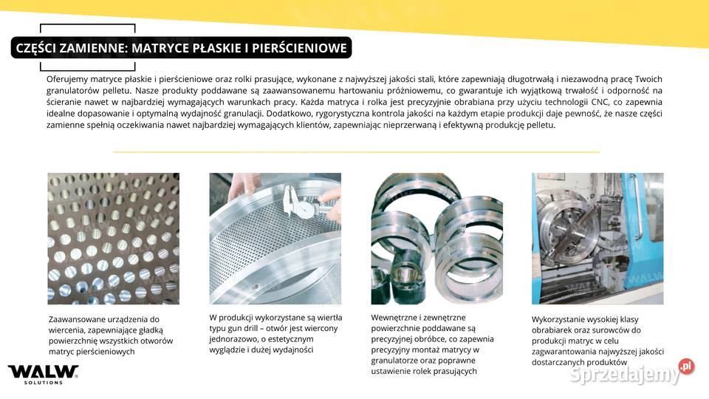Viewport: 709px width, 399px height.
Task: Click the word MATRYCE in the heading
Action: point(157,49)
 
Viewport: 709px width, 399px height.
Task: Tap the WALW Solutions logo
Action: point(43,374)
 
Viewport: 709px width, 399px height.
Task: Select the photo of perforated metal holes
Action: point(113,239)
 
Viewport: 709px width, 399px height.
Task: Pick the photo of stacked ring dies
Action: point(436,239)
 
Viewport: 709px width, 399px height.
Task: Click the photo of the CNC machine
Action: point(597,239)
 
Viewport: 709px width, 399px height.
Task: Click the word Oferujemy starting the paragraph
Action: point(67,78)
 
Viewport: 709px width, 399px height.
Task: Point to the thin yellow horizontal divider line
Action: point(354,151)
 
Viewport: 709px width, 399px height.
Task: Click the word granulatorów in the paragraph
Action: point(75,90)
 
